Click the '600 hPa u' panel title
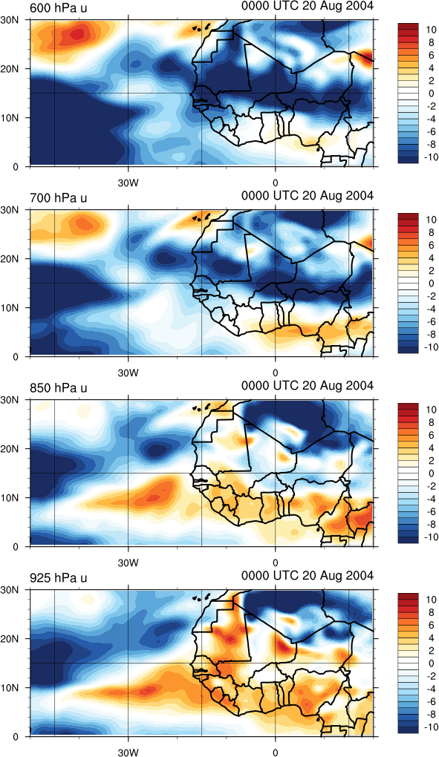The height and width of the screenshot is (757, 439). tap(59, 7)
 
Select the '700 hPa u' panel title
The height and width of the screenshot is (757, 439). tap(59, 197)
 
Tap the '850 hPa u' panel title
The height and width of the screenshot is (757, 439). tap(59, 387)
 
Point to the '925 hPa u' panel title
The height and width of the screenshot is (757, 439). tap(59, 577)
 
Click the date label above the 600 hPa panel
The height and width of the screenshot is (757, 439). tap(308, 6)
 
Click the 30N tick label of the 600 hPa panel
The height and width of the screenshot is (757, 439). tap(10, 20)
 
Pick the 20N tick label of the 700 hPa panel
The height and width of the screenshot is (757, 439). tap(10, 259)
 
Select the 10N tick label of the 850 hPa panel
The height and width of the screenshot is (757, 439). tap(10, 498)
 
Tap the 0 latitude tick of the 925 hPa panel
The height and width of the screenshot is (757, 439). tap(16, 737)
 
